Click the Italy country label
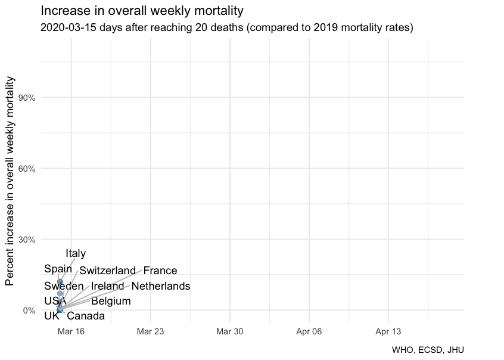tap(76, 254)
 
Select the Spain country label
tap(58, 269)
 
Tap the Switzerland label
tap(108, 271)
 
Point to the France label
tap(160, 271)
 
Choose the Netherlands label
tap(161, 287)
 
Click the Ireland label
tap(107, 287)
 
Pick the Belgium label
tap(111, 302)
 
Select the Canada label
tap(86, 316)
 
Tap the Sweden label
tap(64, 287)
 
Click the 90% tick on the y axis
tap(28, 98)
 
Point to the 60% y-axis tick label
tap(28, 169)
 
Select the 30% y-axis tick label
tap(28, 240)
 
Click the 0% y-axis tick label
tap(30, 311)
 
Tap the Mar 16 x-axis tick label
tap(71, 331)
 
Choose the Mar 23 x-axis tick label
tap(151, 331)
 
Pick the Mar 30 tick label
tap(230, 331)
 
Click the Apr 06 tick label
tap(309, 331)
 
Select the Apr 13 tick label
tap(388, 331)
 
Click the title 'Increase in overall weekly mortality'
tap(142, 11)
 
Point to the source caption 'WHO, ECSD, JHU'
tap(428, 350)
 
